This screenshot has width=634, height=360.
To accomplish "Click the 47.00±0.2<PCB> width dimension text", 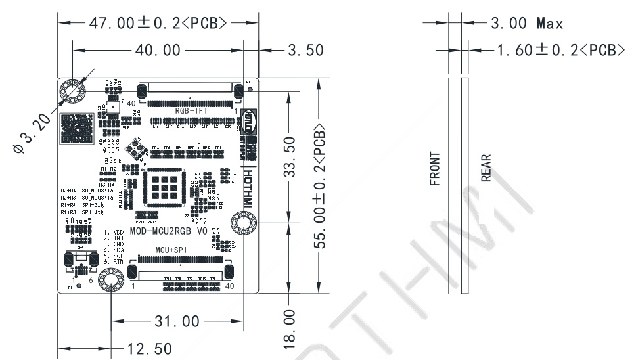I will click(x=157, y=23).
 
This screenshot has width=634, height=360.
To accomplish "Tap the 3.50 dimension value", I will click(x=306, y=50).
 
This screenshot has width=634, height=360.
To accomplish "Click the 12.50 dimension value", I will click(x=148, y=348).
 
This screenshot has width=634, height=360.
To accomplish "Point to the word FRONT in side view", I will click(x=435, y=169).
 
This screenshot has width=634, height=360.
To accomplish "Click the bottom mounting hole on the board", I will click(x=110, y=282).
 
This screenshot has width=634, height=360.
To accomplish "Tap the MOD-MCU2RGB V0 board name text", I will click(x=168, y=231).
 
